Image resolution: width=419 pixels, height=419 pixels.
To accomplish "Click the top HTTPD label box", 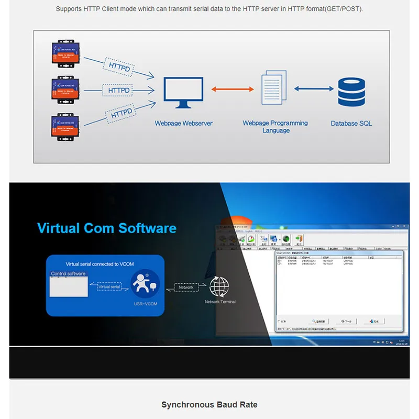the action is tap(119, 67).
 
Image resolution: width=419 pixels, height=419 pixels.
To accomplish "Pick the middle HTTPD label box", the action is tap(119, 91).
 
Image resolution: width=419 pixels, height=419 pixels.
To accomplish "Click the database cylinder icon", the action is tap(351, 92).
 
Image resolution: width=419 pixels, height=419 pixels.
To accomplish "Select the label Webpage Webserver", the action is tap(183, 124).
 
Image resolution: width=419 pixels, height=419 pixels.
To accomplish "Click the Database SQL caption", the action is tap(351, 124).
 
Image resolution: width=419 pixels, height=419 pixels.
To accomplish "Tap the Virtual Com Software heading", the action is tap(107, 228).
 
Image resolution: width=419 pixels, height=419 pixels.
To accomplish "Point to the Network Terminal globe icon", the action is tap(219, 287).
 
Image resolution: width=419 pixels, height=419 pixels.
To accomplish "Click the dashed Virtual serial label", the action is tap(109, 287).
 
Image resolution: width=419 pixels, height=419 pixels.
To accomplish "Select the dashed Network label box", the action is tap(186, 288).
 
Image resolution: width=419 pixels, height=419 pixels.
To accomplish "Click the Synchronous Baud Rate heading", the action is tap(209, 405).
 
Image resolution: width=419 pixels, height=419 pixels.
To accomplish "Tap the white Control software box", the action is tap(69, 287).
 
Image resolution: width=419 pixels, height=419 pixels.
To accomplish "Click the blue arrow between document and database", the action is tap(313, 89).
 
